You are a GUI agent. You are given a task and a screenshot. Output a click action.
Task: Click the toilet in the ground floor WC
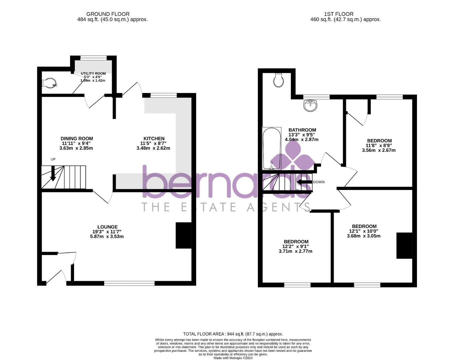coord(49,83)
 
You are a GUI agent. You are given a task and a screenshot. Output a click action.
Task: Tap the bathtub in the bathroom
coord(272,149)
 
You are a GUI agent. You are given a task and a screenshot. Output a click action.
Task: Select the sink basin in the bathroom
coord(311,106)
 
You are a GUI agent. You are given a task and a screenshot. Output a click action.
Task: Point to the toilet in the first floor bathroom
coord(278,80)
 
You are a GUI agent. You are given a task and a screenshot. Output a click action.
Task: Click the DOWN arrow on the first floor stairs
coord(304,182)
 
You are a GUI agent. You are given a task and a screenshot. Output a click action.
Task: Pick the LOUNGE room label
coord(107,227)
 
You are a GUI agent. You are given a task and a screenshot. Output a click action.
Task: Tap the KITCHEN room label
coord(154,138)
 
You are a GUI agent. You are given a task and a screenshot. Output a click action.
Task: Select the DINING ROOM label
coord(77,138)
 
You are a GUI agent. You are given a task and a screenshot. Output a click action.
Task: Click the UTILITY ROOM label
coord(93,73)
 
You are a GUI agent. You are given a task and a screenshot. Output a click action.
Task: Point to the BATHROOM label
coord(302,130)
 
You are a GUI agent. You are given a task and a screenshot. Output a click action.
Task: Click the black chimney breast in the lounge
coord(183,235)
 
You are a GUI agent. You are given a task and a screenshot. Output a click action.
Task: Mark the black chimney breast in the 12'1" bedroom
coord(404,246)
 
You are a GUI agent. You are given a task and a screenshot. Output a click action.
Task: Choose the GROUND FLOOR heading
coord(108,14)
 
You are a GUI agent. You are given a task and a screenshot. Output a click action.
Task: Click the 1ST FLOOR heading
coord(339,14)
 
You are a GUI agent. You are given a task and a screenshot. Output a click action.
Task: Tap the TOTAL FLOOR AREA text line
coord(233,334)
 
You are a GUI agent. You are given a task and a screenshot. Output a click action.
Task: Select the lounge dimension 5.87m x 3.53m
coord(107,237)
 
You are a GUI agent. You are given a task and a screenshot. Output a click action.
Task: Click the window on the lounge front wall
coord(129,283)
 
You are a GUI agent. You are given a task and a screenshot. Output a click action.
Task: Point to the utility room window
coord(93,58)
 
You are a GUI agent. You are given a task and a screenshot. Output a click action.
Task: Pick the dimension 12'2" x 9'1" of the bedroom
coord(296,247)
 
